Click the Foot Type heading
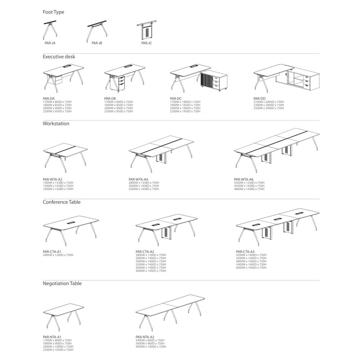pos(54,12)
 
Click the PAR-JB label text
pos(97,43)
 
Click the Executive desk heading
pos(59,57)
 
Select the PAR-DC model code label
pos(175,98)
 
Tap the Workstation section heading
pos(56,123)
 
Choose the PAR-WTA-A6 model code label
pos(244,179)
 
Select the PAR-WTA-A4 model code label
pos(139,179)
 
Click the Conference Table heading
pos(62,202)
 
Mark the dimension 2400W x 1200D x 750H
pos(58,255)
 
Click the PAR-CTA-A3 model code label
pos(245,252)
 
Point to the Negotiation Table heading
pos(62,283)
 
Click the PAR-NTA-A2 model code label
pos(145,337)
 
